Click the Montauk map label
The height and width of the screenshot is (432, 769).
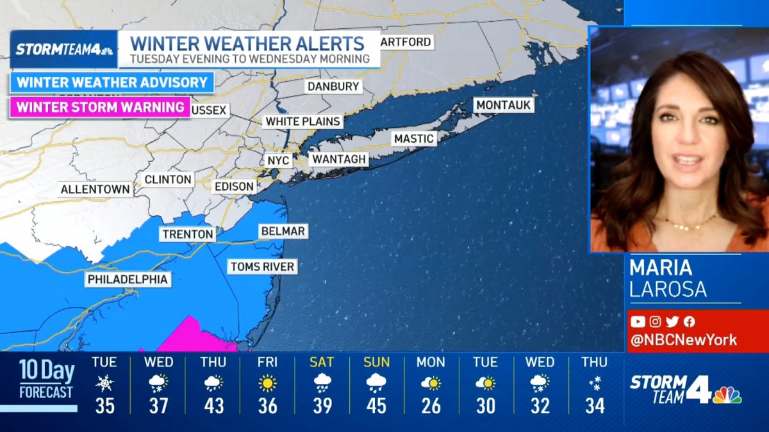coord(504,105)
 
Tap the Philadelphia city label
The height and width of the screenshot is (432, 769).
coord(128,279)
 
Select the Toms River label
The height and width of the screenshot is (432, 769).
coord(262,266)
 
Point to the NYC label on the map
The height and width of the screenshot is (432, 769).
coord(277,160)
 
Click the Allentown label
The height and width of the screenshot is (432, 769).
coord(95,189)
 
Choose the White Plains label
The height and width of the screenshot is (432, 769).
coord(302,121)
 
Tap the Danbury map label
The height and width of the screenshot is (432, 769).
coord(333,86)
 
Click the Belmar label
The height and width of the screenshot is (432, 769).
coord(283,231)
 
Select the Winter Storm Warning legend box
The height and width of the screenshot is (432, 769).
coord(100,107)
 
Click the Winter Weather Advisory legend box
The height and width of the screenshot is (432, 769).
coord(112,83)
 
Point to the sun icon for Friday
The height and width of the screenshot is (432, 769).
coord(267,383)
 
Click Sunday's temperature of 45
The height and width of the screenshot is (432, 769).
coord(376,406)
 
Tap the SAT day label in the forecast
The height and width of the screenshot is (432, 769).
coord(322,362)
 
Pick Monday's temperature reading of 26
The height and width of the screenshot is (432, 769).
coord(431,406)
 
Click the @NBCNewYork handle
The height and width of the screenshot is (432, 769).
coord(683,340)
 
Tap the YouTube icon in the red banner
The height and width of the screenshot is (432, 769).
coord(637,322)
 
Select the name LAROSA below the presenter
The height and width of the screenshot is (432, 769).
coord(668,289)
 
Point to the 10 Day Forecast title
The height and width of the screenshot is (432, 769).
coord(46,379)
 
